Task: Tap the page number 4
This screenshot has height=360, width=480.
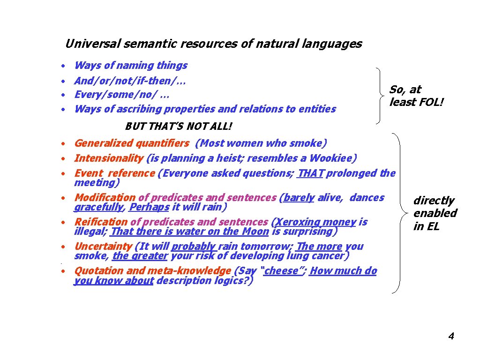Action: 451,336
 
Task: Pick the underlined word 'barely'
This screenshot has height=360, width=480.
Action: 299,198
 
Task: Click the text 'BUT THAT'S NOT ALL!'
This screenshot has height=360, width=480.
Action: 179,127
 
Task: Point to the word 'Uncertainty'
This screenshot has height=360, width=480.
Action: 103,247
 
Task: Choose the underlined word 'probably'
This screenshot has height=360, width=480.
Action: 194,247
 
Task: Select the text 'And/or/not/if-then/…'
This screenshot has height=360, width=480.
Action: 130,81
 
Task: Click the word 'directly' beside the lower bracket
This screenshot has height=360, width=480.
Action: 434,201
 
